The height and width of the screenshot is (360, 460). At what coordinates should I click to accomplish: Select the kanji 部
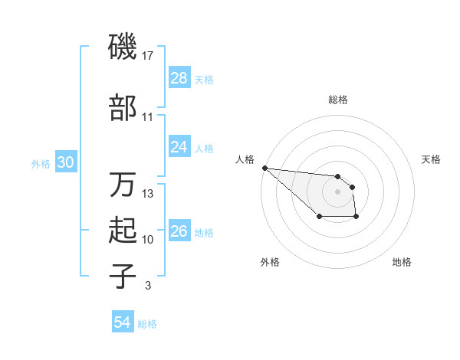coord(123,108)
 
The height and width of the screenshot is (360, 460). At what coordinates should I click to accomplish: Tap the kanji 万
coord(123,185)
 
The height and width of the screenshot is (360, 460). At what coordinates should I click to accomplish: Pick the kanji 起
coord(123,231)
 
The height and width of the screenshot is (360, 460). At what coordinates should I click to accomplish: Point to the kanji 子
coord(123,277)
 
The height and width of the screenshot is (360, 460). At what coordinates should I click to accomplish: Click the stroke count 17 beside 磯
coord(149,55)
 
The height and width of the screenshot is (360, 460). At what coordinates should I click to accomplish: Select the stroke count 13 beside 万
coord(149,194)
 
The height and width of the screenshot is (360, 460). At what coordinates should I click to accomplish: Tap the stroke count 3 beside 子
coord(147,286)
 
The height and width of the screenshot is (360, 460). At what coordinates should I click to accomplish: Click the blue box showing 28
coord(179,78)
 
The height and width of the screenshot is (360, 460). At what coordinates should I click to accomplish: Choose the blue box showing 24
coord(179,147)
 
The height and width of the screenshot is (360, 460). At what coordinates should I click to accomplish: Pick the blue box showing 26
coord(179,231)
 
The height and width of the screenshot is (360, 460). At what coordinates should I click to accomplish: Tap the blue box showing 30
coord(66,162)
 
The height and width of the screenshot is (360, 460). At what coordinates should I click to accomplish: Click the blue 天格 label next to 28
coord(204,79)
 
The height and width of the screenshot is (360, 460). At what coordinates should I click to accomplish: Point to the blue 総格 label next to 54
coord(147,324)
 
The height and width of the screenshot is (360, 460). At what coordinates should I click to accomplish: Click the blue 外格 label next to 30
coord(41,163)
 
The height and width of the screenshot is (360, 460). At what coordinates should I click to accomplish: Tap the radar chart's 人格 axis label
coord(245,159)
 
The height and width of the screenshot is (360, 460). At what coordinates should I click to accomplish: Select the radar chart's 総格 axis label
coord(338,100)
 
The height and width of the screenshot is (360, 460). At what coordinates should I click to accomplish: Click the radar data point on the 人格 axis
coord(264,168)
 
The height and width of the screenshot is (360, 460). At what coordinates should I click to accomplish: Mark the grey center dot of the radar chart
coord(337,191)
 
